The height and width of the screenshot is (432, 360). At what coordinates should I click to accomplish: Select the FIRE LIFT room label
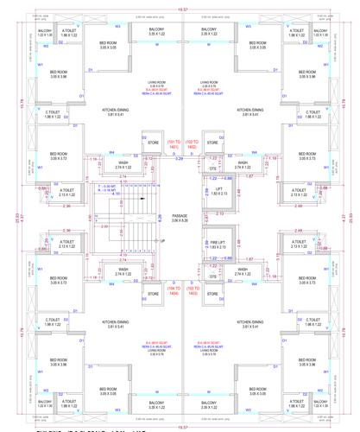(x=218, y=245)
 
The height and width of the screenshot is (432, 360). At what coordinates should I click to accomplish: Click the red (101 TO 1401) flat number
(x=174, y=145)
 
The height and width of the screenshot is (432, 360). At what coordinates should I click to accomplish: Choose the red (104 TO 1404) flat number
(x=174, y=292)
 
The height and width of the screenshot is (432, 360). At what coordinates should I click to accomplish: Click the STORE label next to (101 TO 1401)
(x=154, y=143)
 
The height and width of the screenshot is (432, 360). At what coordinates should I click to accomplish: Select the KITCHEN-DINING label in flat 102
(x=249, y=112)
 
